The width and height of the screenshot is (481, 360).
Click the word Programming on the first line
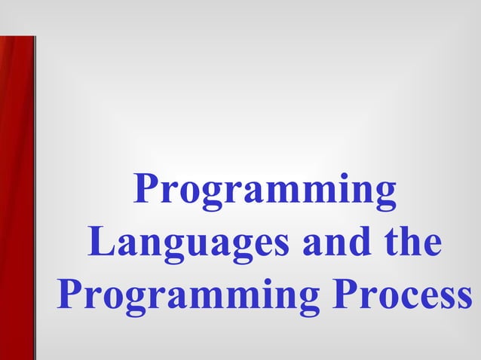pyautogui.click(x=265, y=191)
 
